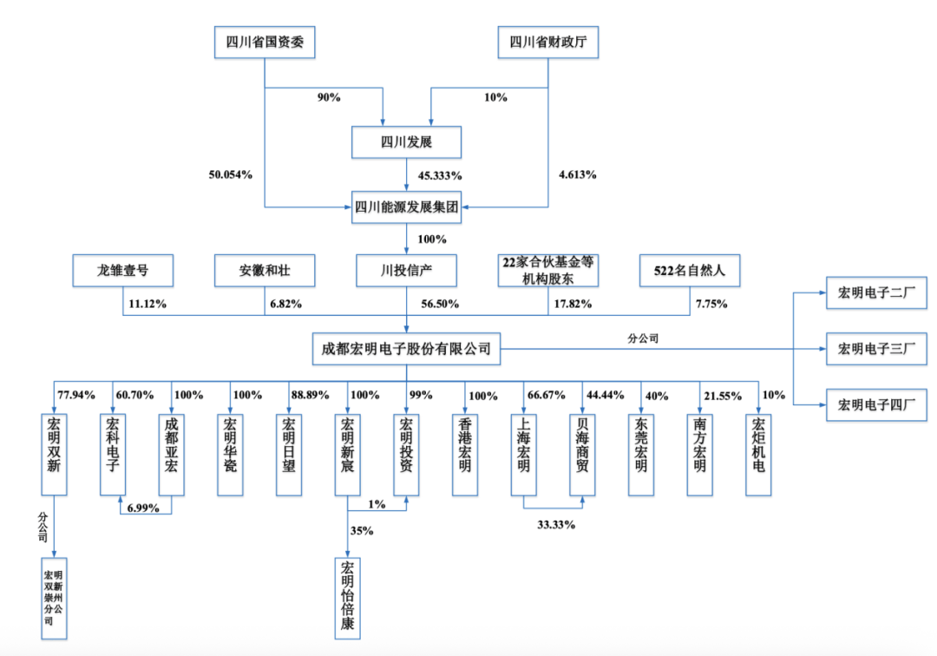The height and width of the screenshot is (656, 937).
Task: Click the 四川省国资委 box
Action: coord(264,41)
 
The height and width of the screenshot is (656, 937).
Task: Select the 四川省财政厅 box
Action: coord(548,41)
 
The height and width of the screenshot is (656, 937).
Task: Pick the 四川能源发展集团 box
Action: coord(406,207)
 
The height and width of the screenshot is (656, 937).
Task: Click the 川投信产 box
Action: coord(406,271)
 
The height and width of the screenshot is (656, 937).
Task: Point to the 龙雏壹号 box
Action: coord(122,271)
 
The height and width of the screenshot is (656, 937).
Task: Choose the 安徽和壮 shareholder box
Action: coord(265,271)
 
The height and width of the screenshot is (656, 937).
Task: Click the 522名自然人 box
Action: coord(691,271)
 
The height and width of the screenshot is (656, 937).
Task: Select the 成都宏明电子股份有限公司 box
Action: coord(406,349)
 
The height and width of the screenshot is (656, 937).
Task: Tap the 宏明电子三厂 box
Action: coord(877,349)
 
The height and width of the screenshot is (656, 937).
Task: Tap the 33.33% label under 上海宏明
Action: coord(554,524)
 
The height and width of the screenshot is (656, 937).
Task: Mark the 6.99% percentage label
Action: coord(143,508)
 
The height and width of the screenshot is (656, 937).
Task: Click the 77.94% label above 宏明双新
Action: coord(75,395)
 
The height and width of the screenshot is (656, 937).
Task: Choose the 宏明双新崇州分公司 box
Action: coord(54,599)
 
